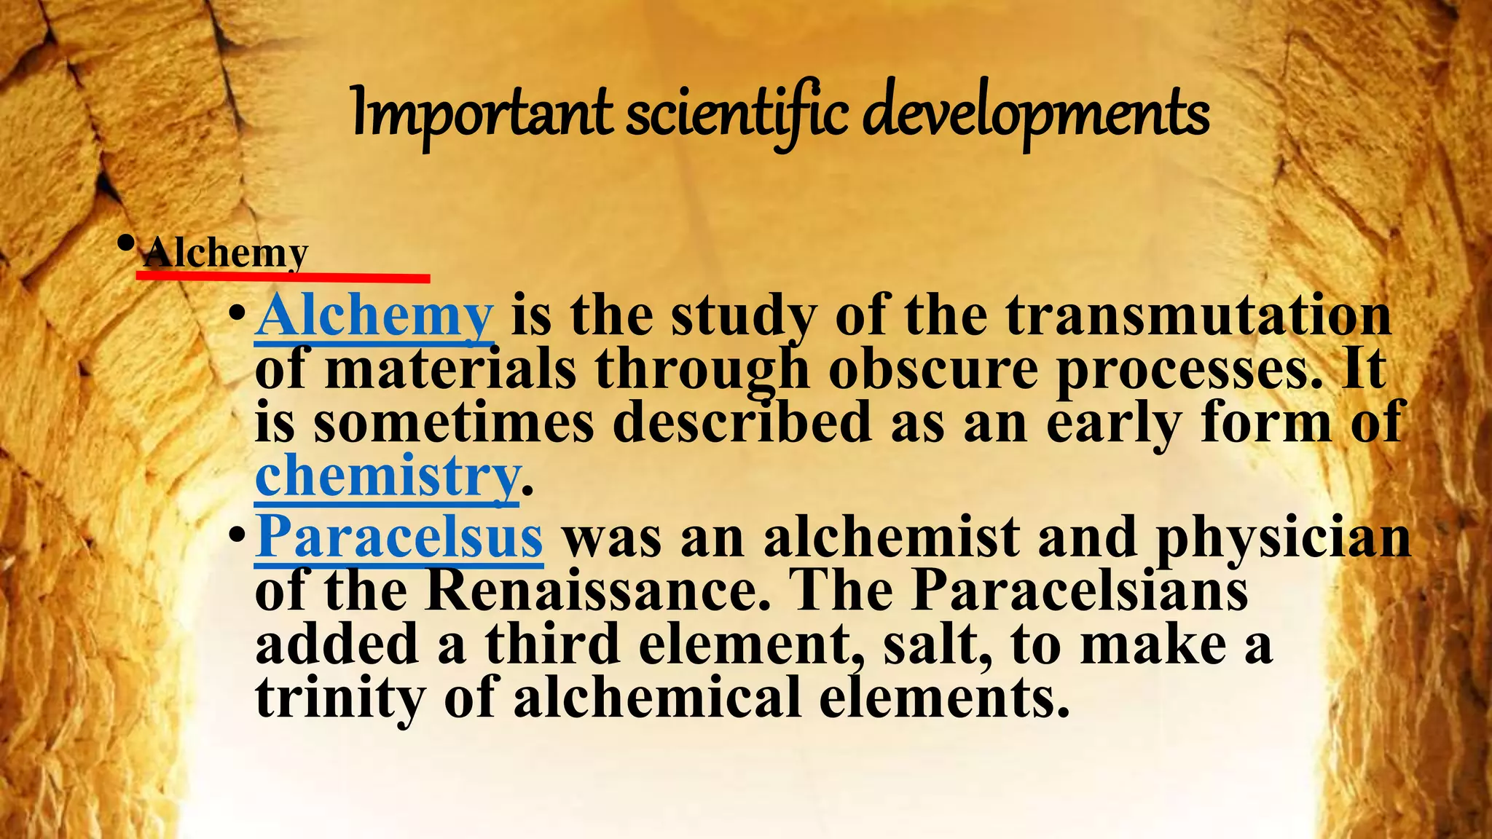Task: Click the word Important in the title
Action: tap(482, 114)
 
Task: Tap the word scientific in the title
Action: tap(737, 114)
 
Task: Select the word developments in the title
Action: tap(1035, 114)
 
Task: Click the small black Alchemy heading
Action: tap(227, 253)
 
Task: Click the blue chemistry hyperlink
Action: tap(387, 475)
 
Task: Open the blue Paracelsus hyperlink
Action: tap(398, 537)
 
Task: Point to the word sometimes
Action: tap(454, 422)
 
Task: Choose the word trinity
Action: tap(339, 697)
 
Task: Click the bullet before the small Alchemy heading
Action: tap(126, 243)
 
